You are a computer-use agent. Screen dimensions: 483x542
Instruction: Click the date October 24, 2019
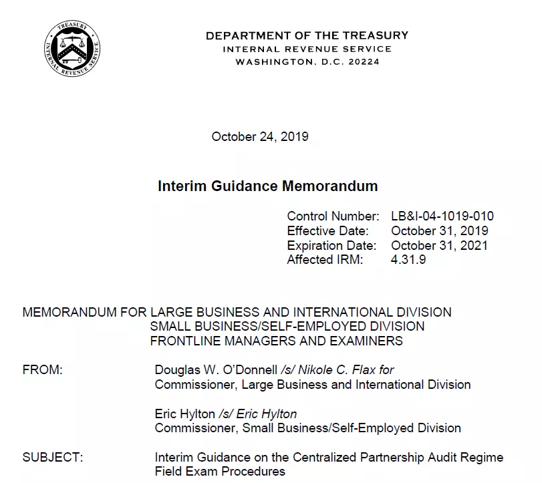(260, 137)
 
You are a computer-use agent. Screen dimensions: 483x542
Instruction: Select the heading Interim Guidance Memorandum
(267, 186)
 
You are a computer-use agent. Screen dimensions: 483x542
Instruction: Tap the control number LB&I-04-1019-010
(442, 216)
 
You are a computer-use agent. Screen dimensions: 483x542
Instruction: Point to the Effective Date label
(327, 231)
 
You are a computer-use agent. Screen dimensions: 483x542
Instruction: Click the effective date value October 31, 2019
(439, 231)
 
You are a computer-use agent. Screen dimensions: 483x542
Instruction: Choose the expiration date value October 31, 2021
(439, 245)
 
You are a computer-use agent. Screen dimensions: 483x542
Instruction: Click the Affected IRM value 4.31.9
(408, 260)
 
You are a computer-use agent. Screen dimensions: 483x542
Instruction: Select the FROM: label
(42, 370)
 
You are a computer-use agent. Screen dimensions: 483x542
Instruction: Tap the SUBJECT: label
(53, 458)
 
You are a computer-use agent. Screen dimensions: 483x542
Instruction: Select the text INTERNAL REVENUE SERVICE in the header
(307, 49)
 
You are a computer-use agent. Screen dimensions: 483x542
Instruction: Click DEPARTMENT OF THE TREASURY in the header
(307, 35)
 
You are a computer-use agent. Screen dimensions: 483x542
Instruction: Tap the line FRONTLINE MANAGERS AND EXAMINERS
(276, 341)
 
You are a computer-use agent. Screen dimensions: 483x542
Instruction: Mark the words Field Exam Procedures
(220, 472)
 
